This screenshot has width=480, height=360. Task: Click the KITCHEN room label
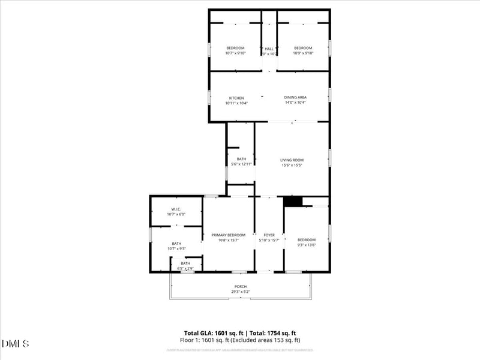pyautogui.click(x=236, y=98)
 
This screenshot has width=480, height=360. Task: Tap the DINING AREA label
pyautogui.click(x=295, y=97)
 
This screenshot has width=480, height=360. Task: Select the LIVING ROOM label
pyautogui.click(x=292, y=160)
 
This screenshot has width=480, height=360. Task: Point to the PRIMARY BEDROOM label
pyautogui.click(x=228, y=235)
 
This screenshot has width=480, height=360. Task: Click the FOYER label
pyautogui.click(x=269, y=235)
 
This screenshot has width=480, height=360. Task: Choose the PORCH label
pyautogui.click(x=240, y=286)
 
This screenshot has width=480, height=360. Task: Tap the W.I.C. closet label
pyautogui.click(x=176, y=209)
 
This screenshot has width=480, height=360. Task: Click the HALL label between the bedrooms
pyautogui.click(x=269, y=49)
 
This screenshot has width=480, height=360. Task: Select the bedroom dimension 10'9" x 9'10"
pyautogui.click(x=303, y=53)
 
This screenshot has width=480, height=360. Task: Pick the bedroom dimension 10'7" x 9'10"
pyautogui.click(x=235, y=53)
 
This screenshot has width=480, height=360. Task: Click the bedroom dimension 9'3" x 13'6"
pyautogui.click(x=307, y=244)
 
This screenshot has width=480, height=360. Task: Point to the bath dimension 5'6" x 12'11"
pyautogui.click(x=241, y=164)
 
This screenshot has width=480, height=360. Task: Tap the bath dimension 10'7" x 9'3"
pyautogui.click(x=176, y=248)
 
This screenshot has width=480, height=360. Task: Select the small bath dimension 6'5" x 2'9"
pyautogui.click(x=185, y=268)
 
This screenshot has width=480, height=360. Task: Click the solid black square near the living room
pyautogui.click(x=292, y=202)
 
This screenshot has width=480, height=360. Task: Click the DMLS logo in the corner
pyautogui.click(x=16, y=344)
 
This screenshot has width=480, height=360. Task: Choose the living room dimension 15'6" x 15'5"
pyautogui.click(x=292, y=165)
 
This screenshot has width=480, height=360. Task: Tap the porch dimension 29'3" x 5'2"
pyautogui.click(x=240, y=292)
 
